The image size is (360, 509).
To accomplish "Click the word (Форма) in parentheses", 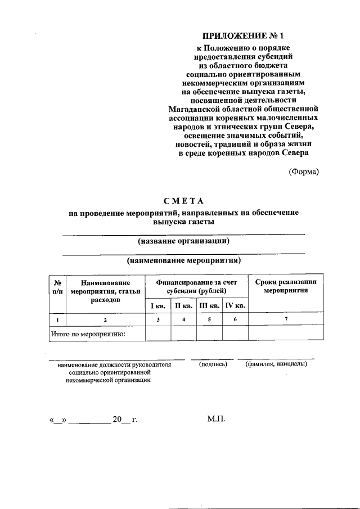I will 304,172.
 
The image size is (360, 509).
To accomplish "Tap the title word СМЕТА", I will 183,201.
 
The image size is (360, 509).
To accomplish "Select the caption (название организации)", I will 183,241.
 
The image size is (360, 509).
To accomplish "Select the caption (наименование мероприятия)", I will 183,261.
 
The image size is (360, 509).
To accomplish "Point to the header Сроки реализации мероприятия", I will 286,286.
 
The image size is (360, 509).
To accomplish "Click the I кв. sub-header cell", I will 157,305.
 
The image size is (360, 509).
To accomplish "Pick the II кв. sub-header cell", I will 183,305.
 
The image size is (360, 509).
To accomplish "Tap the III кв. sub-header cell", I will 209,305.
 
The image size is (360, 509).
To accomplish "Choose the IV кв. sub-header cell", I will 235,305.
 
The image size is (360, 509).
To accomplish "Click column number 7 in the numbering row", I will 286,319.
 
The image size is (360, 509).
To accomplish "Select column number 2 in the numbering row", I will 105,319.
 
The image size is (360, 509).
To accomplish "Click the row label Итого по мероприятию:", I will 88,334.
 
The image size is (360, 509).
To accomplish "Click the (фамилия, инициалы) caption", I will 276,364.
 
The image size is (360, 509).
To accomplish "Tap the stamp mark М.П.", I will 215,420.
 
